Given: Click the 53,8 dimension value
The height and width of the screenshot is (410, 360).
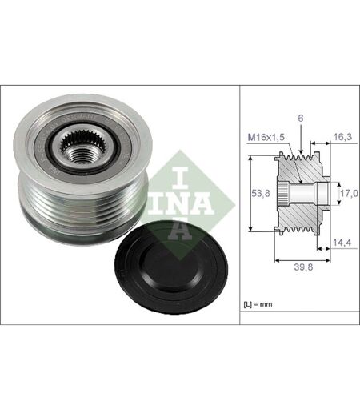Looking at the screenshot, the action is (x=261, y=193).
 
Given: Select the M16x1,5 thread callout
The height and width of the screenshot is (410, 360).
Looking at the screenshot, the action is (x=266, y=137).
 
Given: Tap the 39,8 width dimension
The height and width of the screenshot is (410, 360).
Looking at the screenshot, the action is (x=303, y=267).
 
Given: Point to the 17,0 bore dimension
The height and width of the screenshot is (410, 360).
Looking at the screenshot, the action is (x=349, y=193).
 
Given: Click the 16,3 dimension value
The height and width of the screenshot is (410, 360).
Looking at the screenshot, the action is (x=342, y=137).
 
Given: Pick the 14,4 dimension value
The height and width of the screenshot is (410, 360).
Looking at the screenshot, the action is (x=342, y=243).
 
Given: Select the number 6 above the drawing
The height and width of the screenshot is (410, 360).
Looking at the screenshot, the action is (x=301, y=119).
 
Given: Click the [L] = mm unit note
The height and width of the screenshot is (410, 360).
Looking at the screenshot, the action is (x=258, y=304).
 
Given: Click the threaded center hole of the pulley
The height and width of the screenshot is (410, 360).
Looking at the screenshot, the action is (x=81, y=156).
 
